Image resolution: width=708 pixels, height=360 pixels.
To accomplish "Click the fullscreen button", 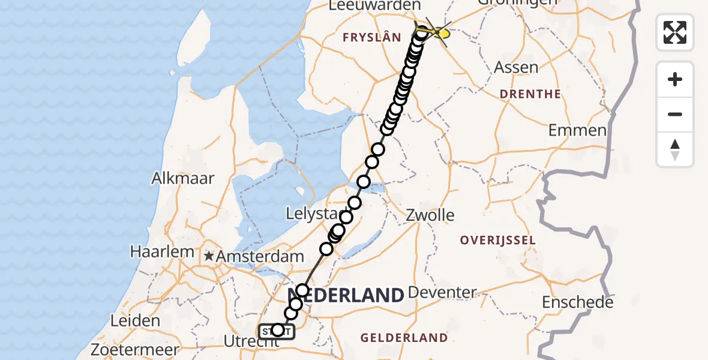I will pos(675,32).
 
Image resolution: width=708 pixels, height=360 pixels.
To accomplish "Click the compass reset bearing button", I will pos(675,149).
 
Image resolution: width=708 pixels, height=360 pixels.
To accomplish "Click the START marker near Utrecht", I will pos(277,331).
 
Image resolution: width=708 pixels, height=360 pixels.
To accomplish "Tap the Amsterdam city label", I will pos(260,256).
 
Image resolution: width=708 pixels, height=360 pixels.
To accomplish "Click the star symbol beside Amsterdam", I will pos(209,256).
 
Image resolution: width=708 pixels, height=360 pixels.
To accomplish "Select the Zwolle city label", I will pos(430,215).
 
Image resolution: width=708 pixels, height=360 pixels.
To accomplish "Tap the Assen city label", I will pos(516,67).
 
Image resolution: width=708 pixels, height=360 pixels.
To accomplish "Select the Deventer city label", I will pos(442,293).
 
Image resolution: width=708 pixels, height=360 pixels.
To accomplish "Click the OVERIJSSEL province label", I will pos(497,240).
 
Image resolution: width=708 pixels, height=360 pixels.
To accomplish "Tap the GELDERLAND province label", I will pos(404,338).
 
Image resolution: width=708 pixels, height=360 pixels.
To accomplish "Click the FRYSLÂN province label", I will pos(371,38).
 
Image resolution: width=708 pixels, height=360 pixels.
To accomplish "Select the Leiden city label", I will pos(136,320).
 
